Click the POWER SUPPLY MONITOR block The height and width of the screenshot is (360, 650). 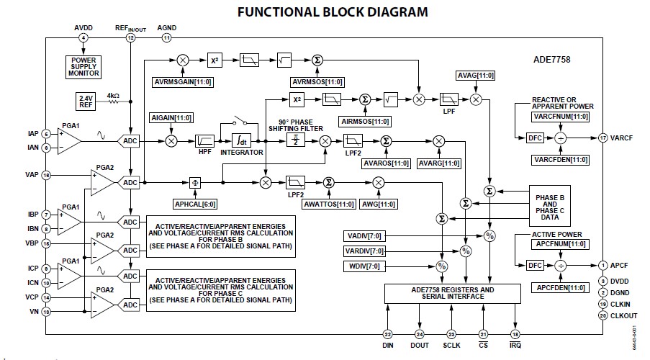point(84,67)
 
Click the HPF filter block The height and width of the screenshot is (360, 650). point(204,141)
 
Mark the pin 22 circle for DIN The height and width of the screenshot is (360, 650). point(387,334)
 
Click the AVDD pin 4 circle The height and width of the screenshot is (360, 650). point(84,37)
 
